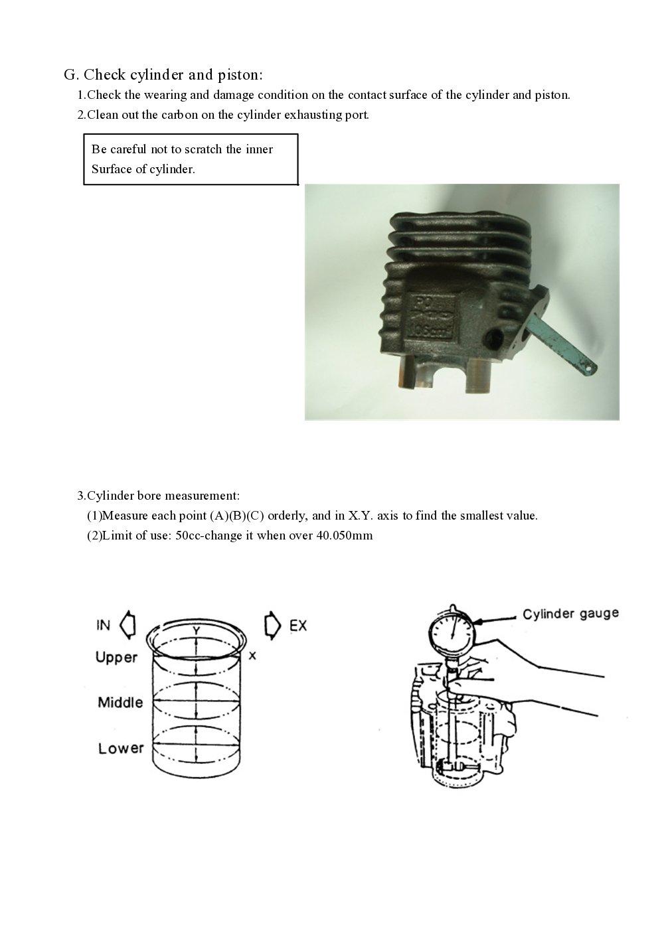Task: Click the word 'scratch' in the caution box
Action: tap(204, 149)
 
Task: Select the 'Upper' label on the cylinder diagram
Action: tap(116, 658)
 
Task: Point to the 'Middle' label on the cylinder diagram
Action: tap(120, 702)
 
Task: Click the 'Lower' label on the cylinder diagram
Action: tap(121, 749)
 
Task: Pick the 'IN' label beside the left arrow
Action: tap(103, 625)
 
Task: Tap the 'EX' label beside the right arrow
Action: tap(298, 625)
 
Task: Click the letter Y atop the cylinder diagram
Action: tap(196, 630)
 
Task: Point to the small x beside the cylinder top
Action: tap(252, 656)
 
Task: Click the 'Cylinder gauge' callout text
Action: tap(570, 614)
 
